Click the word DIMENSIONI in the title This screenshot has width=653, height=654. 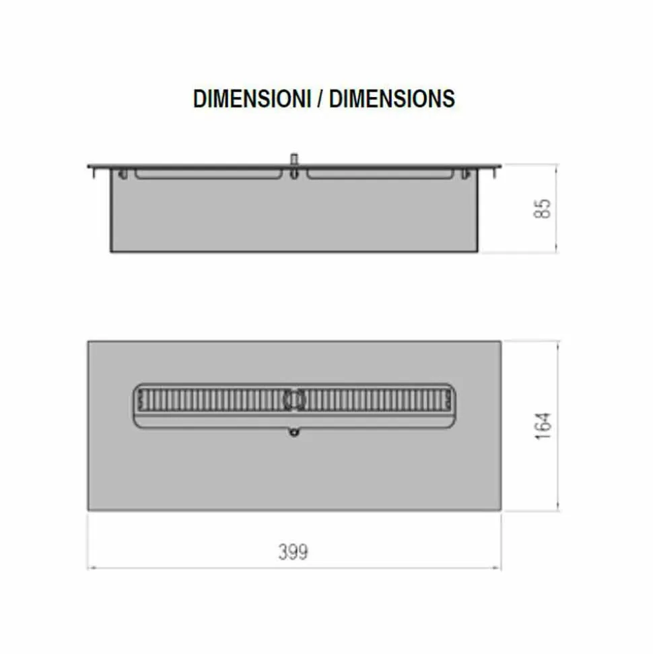[x=252, y=99]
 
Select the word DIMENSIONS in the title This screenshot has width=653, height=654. [x=392, y=99]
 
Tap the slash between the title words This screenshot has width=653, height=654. [x=320, y=99]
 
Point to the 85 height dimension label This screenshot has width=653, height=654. [x=542, y=208]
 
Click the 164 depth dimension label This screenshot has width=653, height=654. [x=543, y=426]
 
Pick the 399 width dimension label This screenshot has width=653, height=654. [x=293, y=552]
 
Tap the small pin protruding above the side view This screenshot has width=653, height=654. [x=294, y=160]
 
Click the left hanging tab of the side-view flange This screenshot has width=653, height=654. [x=93, y=172]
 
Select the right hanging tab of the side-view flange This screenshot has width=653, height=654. [x=495, y=172]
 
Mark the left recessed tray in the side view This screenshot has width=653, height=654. [x=209, y=174]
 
